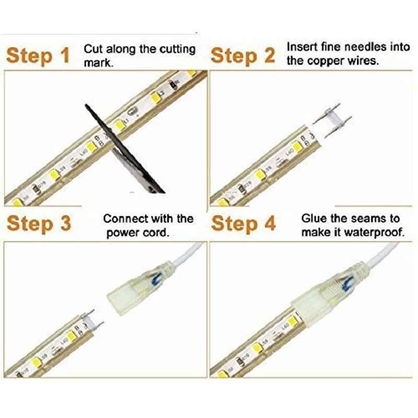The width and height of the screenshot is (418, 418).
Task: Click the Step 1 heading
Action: tap(38, 55)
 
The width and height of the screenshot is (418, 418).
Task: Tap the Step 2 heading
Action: tap(242, 55)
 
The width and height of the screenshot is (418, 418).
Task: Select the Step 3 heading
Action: tap(39, 223)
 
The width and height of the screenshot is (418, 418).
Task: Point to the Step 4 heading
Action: tap(243, 223)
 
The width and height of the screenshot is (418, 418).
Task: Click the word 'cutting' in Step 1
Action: tap(178, 50)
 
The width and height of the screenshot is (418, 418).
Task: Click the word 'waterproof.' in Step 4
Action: tap(374, 233)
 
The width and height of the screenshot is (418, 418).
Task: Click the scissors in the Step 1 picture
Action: tap(125, 149)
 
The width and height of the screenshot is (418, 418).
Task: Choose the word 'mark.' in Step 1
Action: tap(99, 63)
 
